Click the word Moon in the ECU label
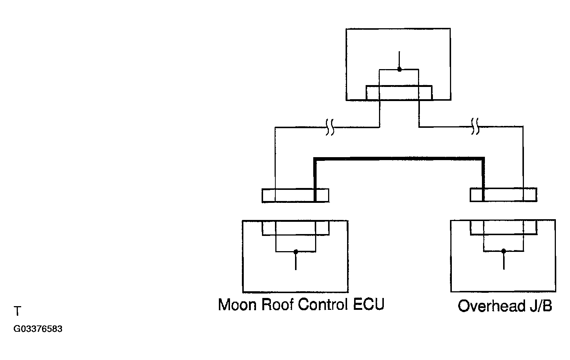pos(237,305)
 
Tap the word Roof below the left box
pos(278,304)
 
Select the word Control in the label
pos(323,304)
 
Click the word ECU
pos(369,304)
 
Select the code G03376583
pos(38,329)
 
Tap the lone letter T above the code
pos(17,311)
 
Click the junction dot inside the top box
pos(399,69)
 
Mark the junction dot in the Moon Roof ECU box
pos(296,252)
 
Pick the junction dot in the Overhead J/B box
pos(503,251)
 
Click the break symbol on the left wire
pos(330,127)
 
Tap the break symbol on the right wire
pos(475,126)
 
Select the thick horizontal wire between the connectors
pos(399,159)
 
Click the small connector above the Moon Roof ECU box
pos(295,196)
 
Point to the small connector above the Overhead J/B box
pos(503,195)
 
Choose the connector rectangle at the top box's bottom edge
pos(399,93)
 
